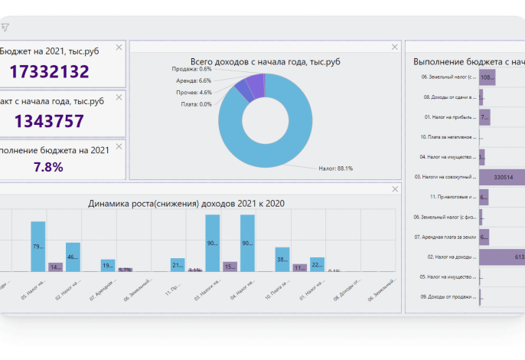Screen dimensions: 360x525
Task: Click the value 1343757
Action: [x=49, y=121]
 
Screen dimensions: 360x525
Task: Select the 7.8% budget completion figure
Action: [x=47, y=166]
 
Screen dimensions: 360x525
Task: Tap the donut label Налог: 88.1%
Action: [x=335, y=169]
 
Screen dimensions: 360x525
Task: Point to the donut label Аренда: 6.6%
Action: [x=194, y=80]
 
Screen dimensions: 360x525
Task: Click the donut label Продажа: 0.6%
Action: [x=191, y=69]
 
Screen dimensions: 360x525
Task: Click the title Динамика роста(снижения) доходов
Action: [x=186, y=203]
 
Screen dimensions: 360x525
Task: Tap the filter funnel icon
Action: [x=5, y=27]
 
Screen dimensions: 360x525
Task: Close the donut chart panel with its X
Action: [x=395, y=47]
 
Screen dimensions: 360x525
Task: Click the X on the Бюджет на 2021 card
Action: [x=119, y=47]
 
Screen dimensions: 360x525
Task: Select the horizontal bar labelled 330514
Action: [x=502, y=177]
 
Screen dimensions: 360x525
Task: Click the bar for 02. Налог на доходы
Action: [x=502, y=257]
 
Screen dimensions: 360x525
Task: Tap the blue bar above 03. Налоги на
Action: [x=213, y=243]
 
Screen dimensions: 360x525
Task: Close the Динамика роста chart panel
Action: [x=395, y=189]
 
